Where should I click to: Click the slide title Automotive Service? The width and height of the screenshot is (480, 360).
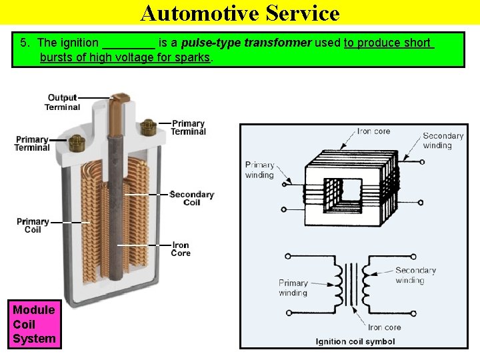[240, 13]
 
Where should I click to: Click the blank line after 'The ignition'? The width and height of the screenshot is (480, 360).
[129, 44]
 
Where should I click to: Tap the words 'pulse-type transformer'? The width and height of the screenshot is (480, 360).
[254, 43]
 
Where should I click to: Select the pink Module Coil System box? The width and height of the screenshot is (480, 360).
[34, 324]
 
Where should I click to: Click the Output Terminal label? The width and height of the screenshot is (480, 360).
[63, 103]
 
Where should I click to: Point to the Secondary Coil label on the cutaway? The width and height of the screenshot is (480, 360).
[191, 199]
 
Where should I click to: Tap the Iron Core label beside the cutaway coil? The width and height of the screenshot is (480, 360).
[181, 249]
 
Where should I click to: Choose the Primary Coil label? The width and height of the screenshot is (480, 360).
[33, 225]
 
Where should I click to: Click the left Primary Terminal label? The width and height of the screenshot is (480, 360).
[32, 143]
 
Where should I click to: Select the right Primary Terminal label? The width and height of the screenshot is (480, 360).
[188, 127]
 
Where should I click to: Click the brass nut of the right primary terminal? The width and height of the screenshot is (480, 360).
[148, 125]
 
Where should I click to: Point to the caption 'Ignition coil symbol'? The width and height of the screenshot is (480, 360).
[355, 342]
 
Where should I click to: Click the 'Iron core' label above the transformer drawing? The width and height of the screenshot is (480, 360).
[373, 131]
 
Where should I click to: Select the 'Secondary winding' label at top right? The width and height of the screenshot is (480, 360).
[443, 141]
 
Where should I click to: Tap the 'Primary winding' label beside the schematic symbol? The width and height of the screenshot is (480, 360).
[293, 288]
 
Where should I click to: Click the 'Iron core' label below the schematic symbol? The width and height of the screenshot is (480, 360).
[385, 327]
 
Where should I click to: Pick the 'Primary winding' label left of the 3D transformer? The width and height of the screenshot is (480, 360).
[259, 170]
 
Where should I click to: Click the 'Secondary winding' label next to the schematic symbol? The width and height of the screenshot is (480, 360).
[415, 275]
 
